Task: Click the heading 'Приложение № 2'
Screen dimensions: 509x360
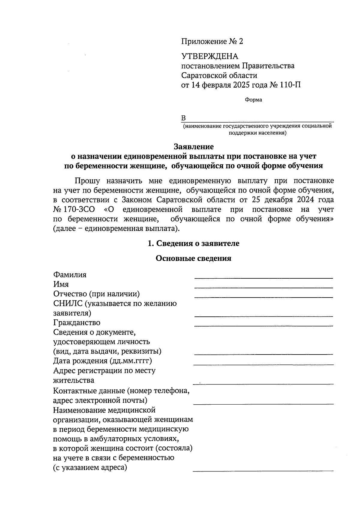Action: point(212,41)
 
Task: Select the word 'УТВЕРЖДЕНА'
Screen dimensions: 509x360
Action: point(210,56)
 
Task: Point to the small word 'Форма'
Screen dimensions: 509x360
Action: point(253,100)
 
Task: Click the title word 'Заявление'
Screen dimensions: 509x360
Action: point(194,147)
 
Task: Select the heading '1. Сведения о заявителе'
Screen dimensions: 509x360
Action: point(194,243)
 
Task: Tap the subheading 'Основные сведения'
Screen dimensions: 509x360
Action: point(193,258)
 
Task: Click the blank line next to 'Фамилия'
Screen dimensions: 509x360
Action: point(264,278)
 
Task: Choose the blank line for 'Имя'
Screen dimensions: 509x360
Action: point(264,287)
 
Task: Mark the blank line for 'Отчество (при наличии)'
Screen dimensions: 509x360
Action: point(264,297)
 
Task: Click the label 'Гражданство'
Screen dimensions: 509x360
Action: point(77,323)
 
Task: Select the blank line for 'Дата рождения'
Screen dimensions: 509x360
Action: point(264,364)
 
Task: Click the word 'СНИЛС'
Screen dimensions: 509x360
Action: point(67,304)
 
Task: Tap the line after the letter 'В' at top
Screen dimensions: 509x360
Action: point(259,121)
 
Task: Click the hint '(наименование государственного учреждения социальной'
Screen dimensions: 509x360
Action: point(257,126)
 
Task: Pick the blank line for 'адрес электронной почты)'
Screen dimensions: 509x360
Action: point(264,404)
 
